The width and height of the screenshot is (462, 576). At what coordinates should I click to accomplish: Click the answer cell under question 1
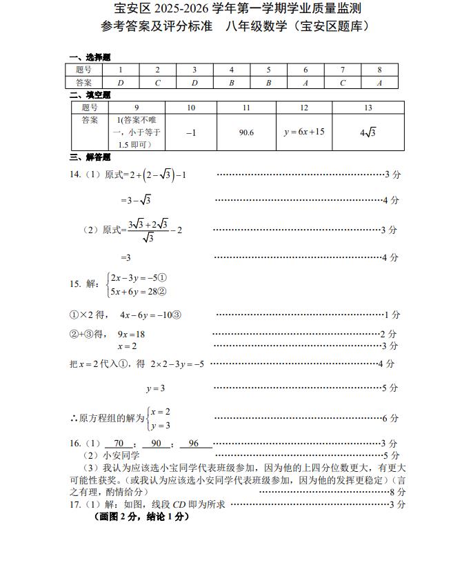point(121,83)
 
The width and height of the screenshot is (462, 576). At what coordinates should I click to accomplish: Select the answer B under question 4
point(232,83)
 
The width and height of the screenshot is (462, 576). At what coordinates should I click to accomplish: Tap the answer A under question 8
point(379,83)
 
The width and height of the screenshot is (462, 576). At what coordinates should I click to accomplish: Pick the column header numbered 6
point(305,70)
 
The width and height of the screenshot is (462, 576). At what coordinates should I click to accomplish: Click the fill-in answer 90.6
point(246,132)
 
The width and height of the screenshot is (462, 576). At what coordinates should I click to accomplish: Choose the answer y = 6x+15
point(304,132)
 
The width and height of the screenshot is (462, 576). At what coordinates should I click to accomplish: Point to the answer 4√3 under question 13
point(368,132)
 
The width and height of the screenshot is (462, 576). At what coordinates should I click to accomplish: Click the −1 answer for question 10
point(191,132)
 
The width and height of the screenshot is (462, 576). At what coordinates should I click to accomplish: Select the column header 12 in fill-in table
point(304,108)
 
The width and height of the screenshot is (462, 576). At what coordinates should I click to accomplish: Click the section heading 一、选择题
point(90,57)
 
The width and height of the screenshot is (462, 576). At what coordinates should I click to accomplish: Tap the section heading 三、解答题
point(90,157)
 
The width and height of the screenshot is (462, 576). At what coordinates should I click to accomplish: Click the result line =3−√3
point(136,200)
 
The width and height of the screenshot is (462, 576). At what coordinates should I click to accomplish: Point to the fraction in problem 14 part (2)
point(148,230)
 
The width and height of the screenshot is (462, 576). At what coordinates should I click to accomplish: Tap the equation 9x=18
point(131,334)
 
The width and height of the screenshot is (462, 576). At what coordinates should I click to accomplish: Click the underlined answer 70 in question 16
point(119,444)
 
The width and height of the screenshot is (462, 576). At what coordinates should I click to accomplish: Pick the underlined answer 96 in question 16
point(193,444)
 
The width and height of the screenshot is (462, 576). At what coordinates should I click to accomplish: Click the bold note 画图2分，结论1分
point(141,517)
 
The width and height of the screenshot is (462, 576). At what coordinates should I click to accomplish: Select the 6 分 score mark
point(390,418)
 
